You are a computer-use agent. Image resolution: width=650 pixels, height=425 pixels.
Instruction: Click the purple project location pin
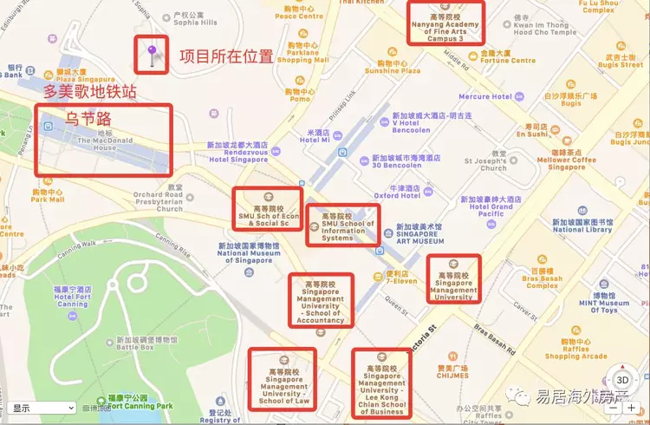[152, 54]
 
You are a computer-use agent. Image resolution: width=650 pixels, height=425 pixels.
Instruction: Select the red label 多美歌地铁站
[90, 92]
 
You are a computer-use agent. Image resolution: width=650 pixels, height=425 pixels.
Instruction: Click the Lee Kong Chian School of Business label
[382, 382]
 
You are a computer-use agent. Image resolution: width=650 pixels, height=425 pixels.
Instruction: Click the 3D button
[622, 380]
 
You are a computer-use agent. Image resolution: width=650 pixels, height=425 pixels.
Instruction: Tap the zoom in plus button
[632, 408]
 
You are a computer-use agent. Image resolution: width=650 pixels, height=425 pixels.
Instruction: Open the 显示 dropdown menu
[42, 408]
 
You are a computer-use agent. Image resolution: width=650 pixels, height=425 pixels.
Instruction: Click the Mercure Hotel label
[485, 96]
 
